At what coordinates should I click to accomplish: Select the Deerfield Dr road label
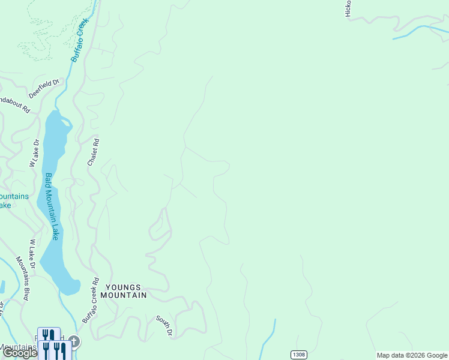click(45, 89)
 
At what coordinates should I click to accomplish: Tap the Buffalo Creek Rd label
click(90, 301)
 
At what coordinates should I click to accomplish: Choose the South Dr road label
click(164, 325)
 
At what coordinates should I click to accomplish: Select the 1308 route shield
click(298, 355)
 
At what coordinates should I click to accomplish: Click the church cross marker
click(74, 342)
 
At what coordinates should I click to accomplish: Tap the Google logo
click(20, 353)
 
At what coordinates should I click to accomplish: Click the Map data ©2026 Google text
click(412, 355)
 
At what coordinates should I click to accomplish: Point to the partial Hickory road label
click(348, 9)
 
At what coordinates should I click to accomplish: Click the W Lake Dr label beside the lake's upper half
click(34, 153)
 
